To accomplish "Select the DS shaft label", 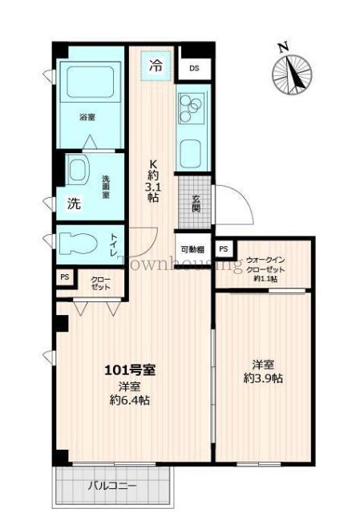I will [x=194, y=68].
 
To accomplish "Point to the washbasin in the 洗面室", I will [x=79, y=171].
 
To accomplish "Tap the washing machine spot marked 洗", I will [x=73, y=204].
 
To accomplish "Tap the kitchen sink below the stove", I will [x=193, y=151].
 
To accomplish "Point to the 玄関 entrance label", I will [x=196, y=205].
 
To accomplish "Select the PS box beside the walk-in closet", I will [x=224, y=248].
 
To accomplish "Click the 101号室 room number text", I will [x=130, y=370].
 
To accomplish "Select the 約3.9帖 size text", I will [x=263, y=378].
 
